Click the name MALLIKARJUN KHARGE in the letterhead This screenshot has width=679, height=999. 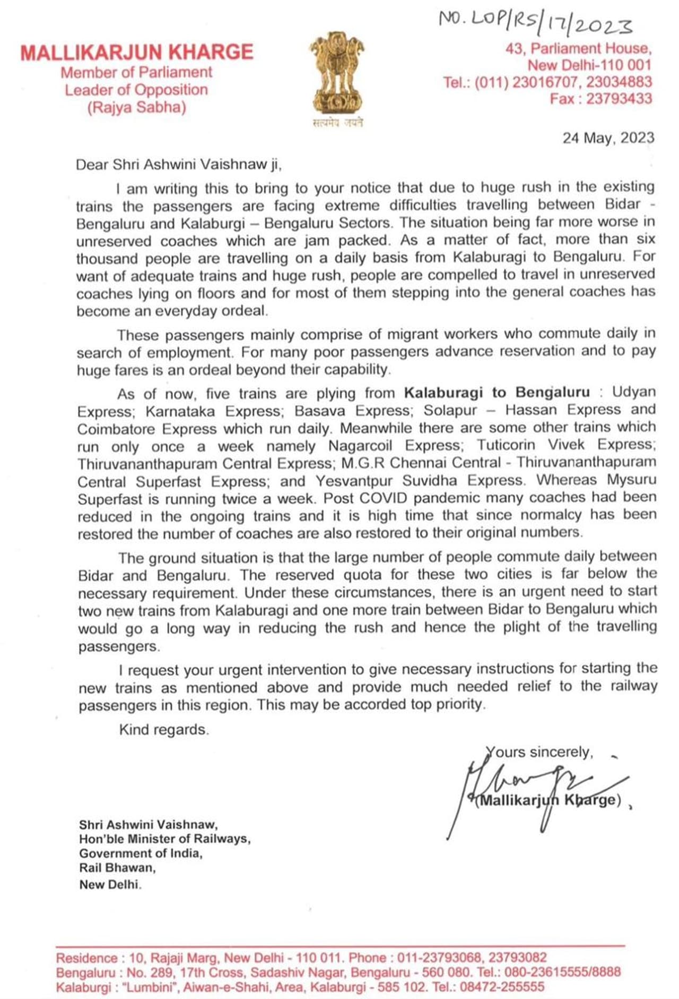pos(137,53)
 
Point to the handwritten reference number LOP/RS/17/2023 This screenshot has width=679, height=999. pos(536,22)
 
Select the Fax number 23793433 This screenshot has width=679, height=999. pos(619,99)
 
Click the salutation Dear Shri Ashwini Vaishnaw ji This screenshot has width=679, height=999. pos(178,165)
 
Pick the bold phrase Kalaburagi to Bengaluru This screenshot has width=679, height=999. pos(497,392)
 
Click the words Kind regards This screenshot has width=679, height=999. pos(163,729)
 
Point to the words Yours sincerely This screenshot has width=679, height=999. pos(539,752)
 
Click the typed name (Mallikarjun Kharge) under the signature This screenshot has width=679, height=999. pos(548,800)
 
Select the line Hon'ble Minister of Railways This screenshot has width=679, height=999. pos(164,839)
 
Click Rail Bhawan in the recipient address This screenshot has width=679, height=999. pos(117,867)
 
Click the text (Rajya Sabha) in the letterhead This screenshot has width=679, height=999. pos(137,108)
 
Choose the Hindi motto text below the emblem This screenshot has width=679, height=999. pos(337,123)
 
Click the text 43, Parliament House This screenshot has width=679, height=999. pos(578,49)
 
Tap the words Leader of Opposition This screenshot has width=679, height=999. pos(136,90)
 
